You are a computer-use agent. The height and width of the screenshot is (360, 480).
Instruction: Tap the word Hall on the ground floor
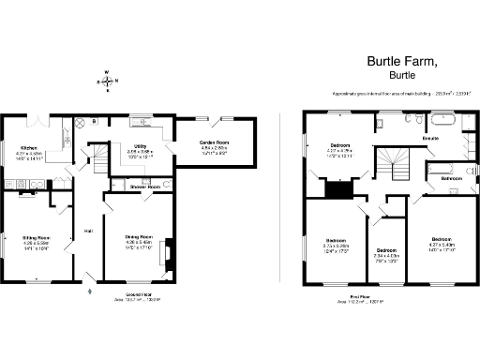pyautogui.click(x=89, y=231)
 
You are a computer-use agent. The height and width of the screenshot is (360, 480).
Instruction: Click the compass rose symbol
pyautogui.click(x=110, y=82)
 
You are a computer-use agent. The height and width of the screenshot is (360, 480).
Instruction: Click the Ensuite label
pyautogui.click(x=430, y=138)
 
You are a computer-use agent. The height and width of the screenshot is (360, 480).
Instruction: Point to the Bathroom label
pyautogui.click(x=454, y=177)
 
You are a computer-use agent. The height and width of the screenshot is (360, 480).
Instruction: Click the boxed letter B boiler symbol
pyautogui.click(x=96, y=121)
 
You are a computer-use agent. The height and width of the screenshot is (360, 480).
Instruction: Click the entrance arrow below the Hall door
pyautogui.click(x=89, y=292)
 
